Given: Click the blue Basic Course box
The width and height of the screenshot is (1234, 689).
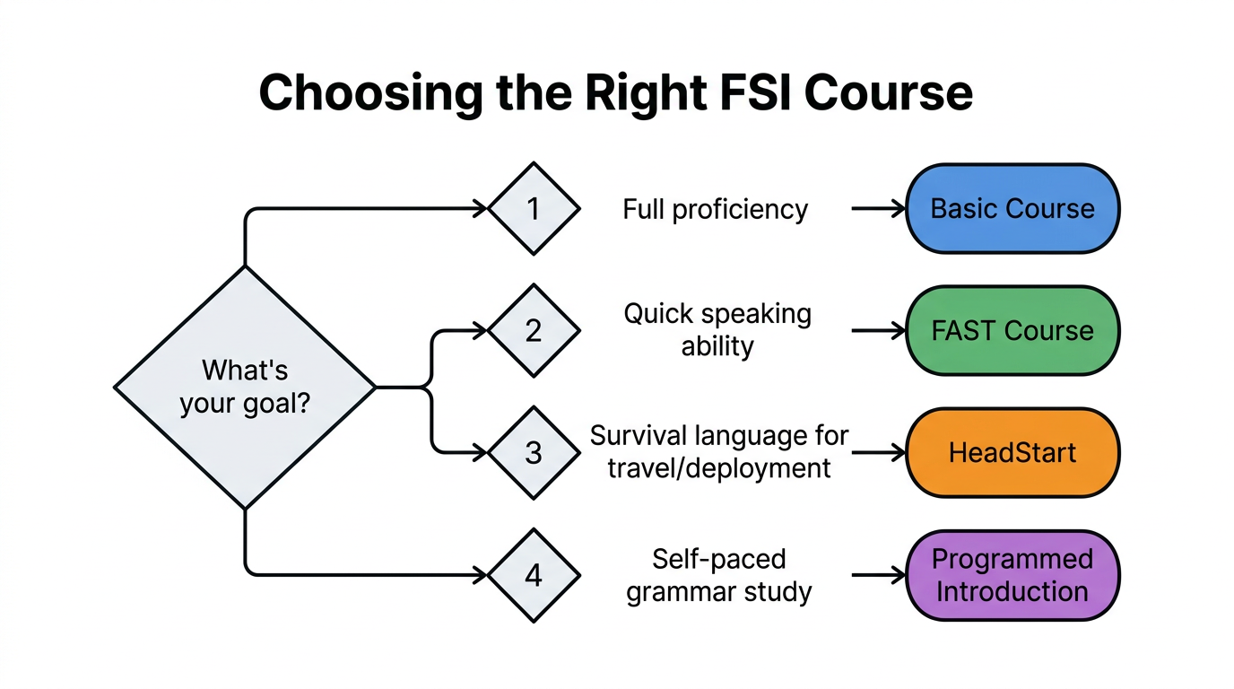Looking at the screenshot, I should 1012,209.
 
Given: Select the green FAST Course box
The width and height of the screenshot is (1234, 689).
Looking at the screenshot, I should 1012,331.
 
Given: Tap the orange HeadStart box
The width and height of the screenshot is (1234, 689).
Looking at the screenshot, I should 1012,453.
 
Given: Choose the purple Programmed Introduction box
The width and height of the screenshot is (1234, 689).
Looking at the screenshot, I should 1012,575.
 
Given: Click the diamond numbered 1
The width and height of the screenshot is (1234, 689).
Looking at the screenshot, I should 534,209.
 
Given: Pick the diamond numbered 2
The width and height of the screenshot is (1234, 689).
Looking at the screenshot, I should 534,331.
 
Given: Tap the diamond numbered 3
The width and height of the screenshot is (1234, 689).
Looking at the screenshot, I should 534,453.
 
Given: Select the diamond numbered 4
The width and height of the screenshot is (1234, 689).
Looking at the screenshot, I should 534,575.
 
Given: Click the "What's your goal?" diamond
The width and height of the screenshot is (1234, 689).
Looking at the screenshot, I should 245,388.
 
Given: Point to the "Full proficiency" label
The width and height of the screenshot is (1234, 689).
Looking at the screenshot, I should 716,210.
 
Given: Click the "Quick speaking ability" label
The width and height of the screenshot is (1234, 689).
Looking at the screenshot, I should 717,330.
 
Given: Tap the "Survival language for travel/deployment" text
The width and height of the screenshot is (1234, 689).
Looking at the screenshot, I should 719,452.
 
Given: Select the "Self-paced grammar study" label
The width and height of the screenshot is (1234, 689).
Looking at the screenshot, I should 719,575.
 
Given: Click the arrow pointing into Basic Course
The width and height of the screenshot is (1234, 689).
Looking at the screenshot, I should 879,209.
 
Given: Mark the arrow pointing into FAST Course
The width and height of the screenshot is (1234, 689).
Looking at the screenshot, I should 879,331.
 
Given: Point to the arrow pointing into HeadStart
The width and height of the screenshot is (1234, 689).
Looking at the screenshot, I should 879,453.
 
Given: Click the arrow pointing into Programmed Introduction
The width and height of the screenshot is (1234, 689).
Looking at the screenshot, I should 879,575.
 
